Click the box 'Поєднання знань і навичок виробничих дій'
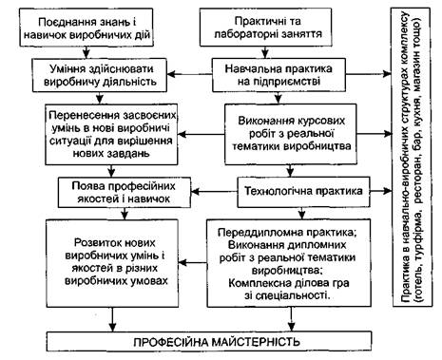86,28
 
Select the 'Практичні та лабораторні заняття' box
265,27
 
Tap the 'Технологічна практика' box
303,192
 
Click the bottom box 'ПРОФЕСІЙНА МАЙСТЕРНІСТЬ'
209,342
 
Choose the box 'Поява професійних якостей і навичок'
125,192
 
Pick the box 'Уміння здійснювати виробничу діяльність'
100,75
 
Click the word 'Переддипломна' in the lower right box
254,233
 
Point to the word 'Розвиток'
95,243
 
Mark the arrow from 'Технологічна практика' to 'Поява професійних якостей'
214,192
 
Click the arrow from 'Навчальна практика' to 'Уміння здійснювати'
189,74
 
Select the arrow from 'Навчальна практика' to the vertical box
369,74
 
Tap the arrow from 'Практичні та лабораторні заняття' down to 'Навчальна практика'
265,52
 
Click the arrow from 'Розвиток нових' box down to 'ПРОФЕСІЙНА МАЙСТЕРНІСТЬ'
112,319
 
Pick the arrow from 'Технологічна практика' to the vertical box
381,191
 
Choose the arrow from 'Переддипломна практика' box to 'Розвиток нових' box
192,263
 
